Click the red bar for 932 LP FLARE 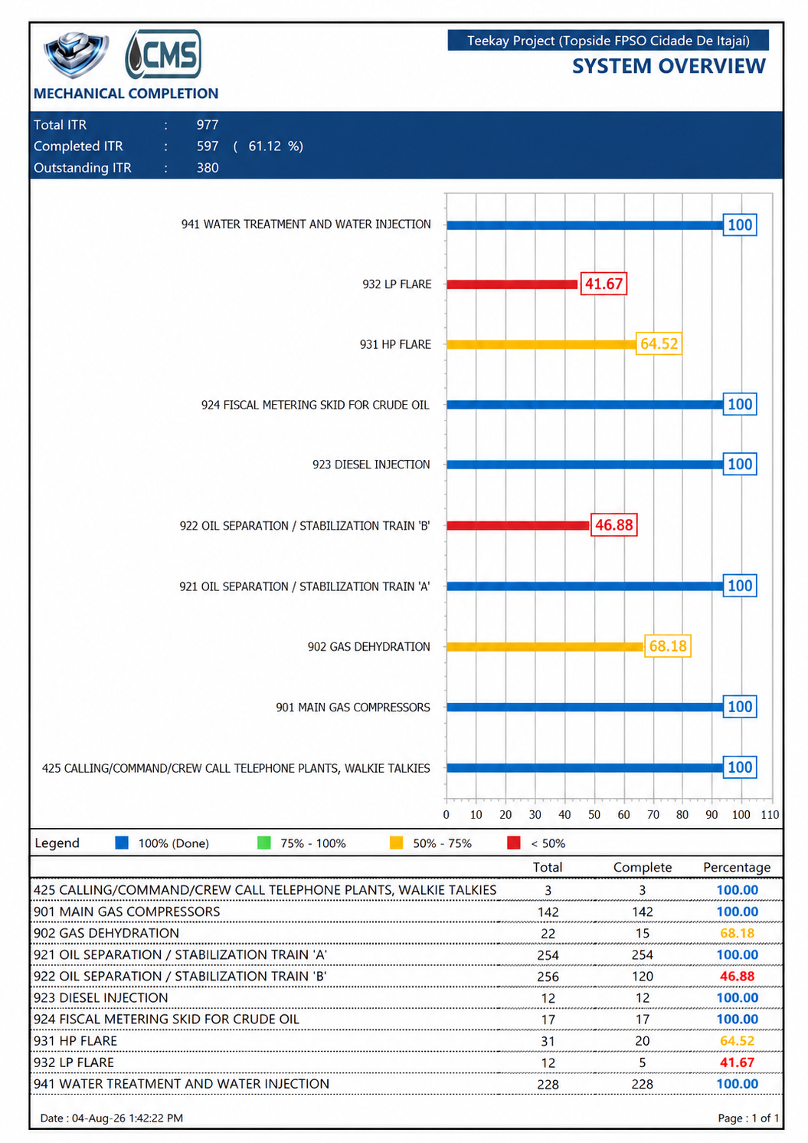click(512, 284)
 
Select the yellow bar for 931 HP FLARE click(541, 344)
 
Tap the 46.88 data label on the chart click(613, 525)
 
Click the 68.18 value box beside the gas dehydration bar click(667, 646)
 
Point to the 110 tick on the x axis click(770, 815)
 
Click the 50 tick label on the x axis click(594, 815)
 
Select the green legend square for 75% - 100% click(264, 843)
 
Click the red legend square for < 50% click(514, 843)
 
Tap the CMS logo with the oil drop click(163, 54)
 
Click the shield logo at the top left click(76, 54)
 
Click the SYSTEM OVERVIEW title click(669, 67)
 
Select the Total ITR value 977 click(208, 125)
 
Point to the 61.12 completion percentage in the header click(264, 146)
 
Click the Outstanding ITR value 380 click(208, 168)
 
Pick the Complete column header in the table click(643, 868)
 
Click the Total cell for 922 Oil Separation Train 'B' click(548, 977)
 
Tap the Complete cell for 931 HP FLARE click(643, 1041)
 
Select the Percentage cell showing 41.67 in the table click(737, 1063)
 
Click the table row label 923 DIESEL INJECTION click(101, 998)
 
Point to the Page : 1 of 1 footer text click(748, 1118)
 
